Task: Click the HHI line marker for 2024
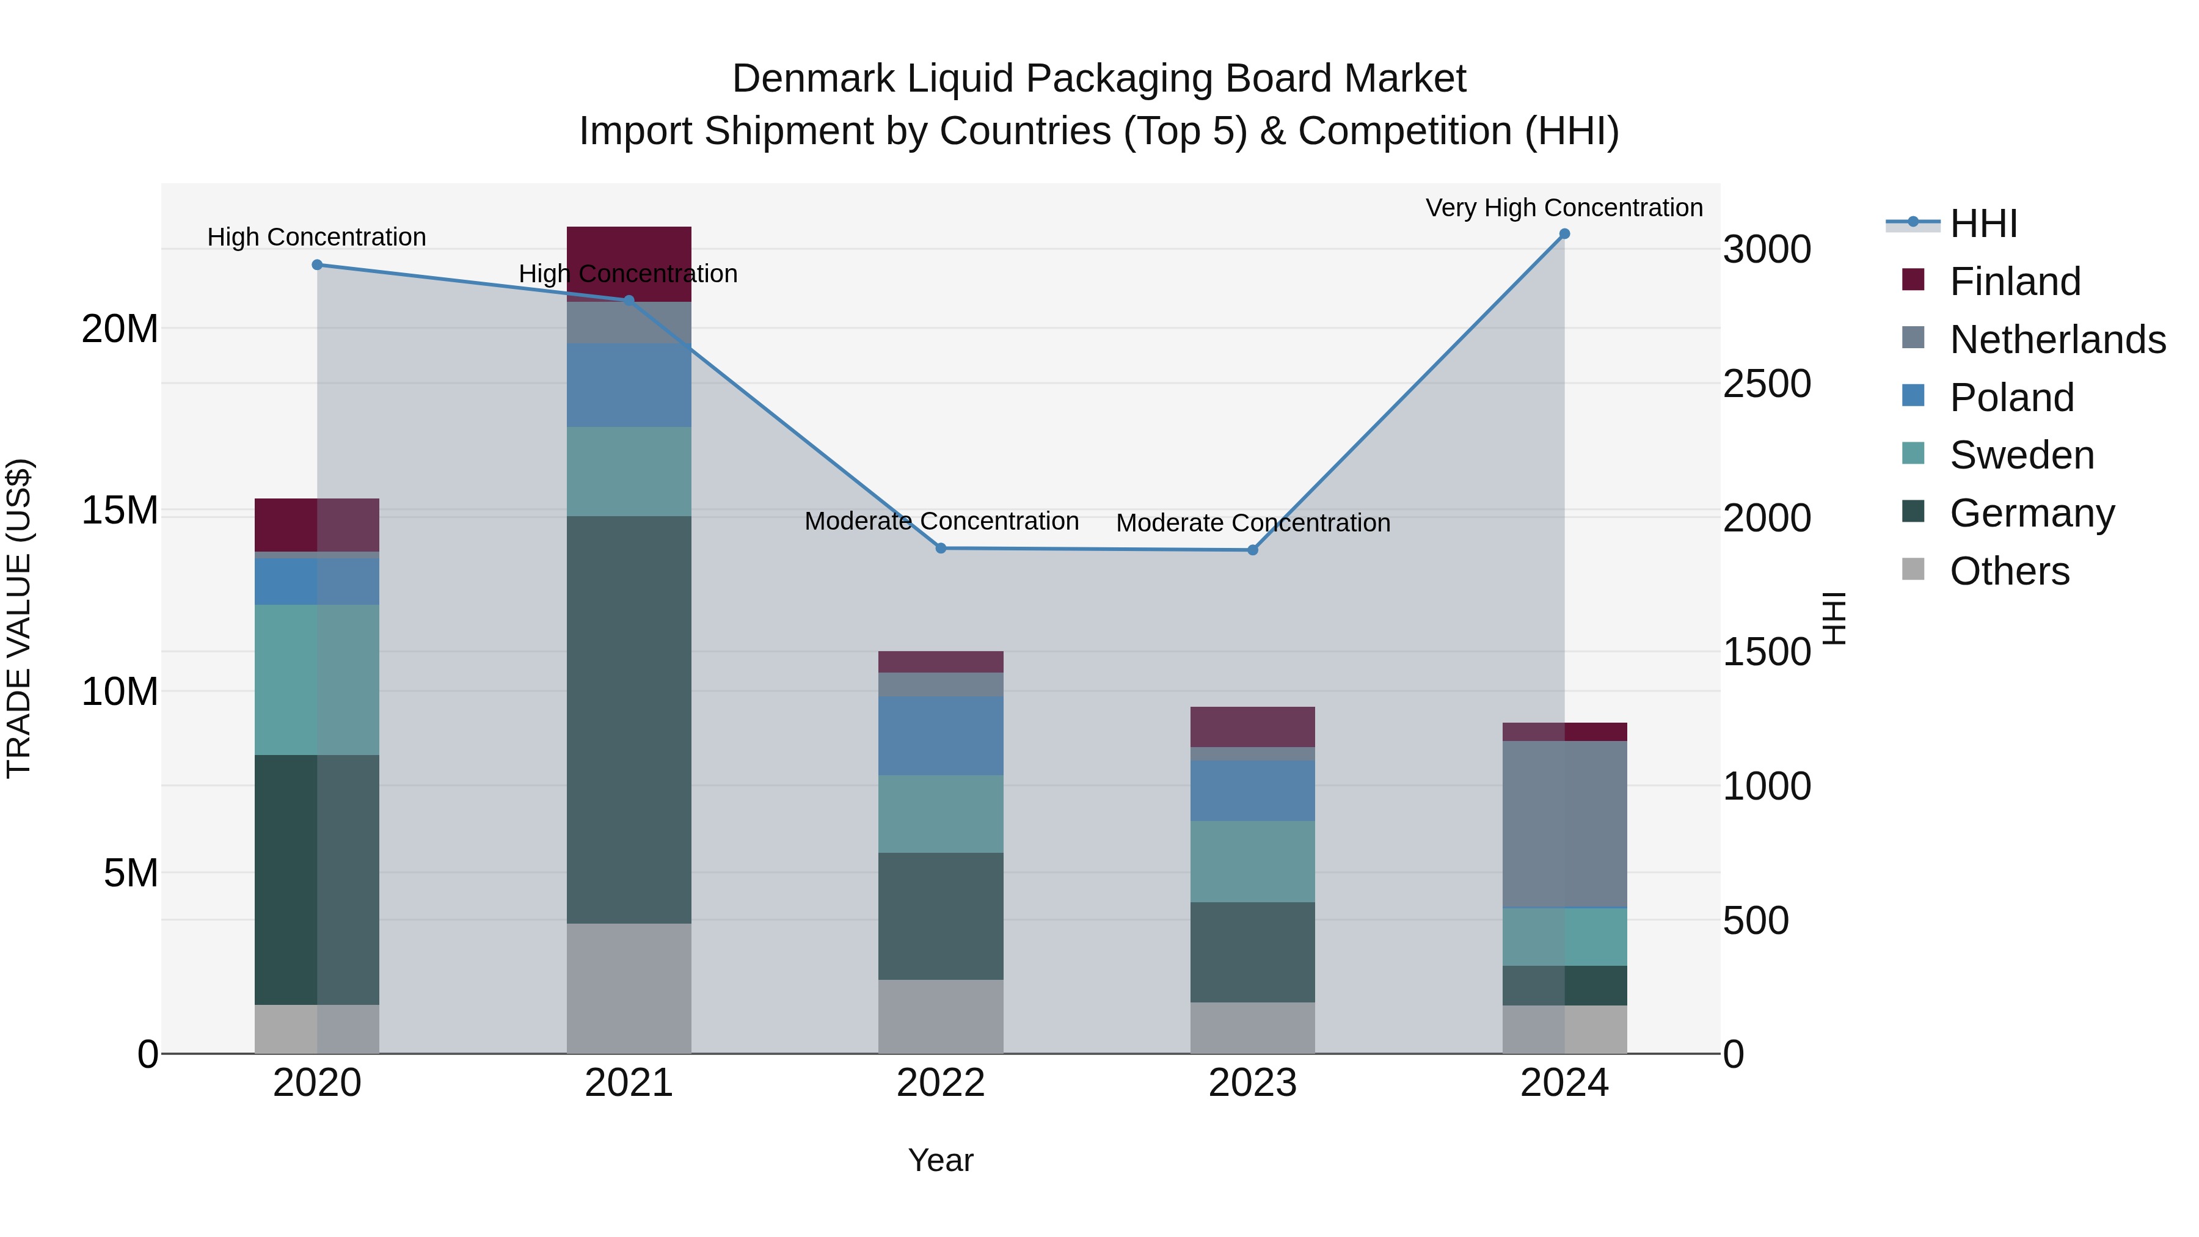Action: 1564,234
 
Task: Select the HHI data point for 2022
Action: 941,548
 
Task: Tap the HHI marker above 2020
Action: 318,265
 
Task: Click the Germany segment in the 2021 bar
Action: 629,719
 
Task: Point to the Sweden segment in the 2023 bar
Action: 1252,861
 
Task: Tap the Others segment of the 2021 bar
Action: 629,988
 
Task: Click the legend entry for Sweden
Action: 2021,455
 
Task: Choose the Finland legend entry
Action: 2015,282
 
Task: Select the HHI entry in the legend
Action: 1983,224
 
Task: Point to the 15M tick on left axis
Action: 120,511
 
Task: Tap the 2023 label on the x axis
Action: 1252,1083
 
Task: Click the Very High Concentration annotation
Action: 1564,208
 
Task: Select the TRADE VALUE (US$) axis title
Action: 19,618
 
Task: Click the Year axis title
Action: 941,1160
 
